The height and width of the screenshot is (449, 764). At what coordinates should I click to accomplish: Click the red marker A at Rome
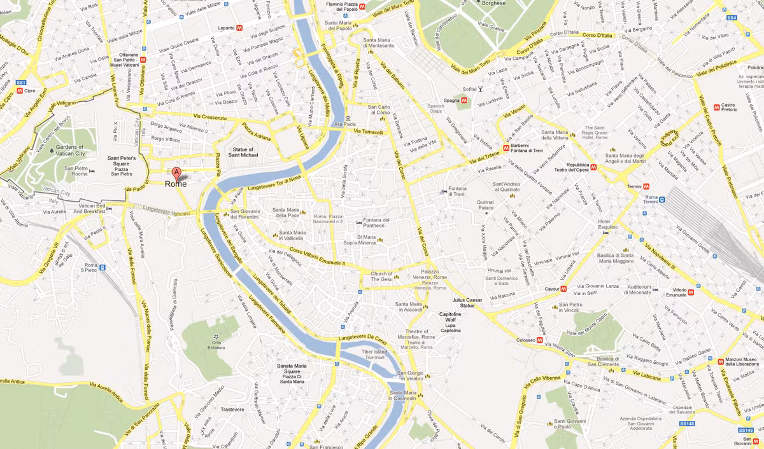pos(176,172)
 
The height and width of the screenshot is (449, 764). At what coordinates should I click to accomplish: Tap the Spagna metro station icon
pos(465,100)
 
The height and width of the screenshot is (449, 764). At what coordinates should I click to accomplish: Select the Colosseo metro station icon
pos(539,340)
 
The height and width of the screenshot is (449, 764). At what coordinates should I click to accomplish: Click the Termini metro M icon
pos(646,186)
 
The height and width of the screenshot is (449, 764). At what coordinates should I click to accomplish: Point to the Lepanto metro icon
pos(240,28)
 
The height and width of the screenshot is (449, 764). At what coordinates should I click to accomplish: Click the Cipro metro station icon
pos(20,91)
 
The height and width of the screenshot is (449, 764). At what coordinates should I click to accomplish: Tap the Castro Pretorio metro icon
pos(716,106)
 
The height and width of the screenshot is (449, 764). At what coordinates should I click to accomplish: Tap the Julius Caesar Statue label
pos(467,303)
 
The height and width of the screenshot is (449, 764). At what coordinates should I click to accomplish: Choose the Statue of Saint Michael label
pos(244,152)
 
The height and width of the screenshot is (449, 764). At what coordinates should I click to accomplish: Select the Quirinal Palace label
pos(486,205)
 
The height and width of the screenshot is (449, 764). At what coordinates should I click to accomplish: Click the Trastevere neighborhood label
pos(232,410)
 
